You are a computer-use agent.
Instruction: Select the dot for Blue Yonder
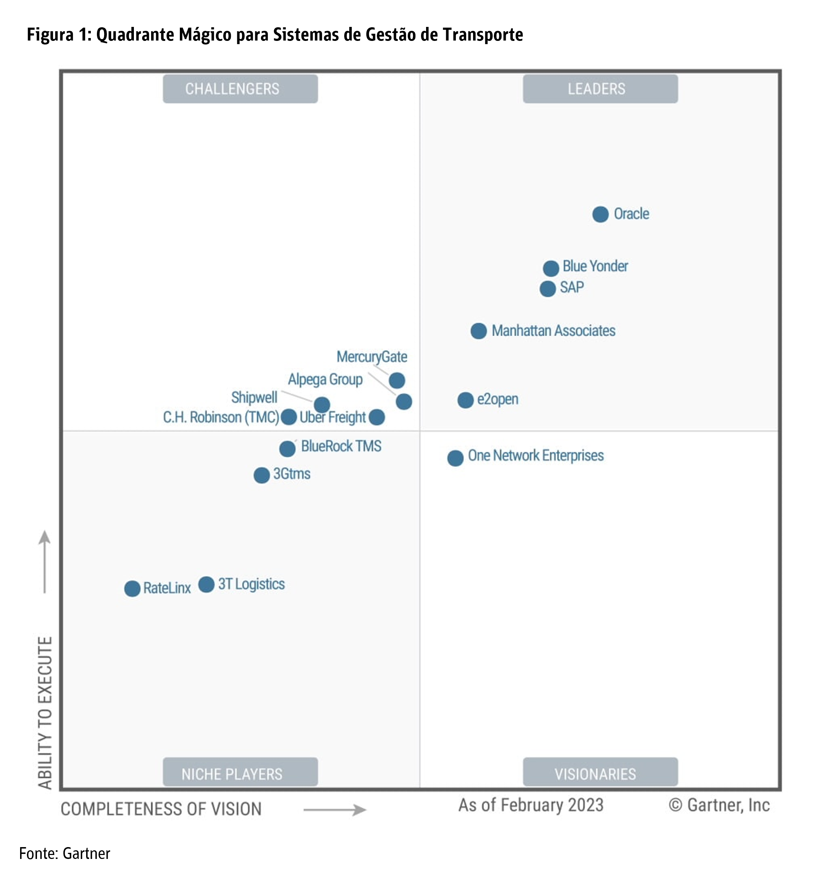(x=551, y=268)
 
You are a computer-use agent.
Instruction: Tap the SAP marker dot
(x=547, y=289)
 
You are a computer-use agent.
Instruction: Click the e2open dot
(x=465, y=400)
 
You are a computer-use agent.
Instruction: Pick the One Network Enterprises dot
(x=455, y=458)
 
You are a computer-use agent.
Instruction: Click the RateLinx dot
(x=132, y=589)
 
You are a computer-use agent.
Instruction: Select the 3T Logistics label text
(x=251, y=584)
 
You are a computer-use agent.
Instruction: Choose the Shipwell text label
(x=254, y=397)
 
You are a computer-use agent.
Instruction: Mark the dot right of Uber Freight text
(x=377, y=417)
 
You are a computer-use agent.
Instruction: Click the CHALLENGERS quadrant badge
(x=240, y=89)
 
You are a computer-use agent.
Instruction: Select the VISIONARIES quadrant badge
(x=600, y=774)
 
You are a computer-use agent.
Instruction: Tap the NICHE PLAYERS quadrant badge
(x=240, y=774)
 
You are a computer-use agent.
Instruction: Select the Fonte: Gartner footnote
(x=65, y=853)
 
